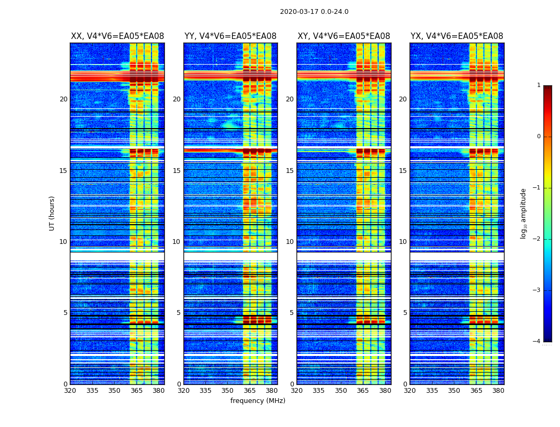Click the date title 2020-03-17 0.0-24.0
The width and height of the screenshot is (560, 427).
[314, 12]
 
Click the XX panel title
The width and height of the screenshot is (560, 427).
[117, 36]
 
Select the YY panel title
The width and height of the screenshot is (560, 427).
[230, 36]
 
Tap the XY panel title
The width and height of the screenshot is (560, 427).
[343, 36]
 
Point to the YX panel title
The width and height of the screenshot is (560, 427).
[457, 36]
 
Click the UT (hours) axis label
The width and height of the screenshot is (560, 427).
[52, 213]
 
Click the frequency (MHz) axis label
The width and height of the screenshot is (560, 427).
[258, 401]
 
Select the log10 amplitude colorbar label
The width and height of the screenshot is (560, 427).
[524, 213]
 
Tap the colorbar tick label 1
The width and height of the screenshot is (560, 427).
[539, 85]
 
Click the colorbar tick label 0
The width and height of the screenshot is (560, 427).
[539, 137]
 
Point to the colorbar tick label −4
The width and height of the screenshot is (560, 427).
[537, 342]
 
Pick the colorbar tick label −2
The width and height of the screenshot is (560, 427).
[537, 239]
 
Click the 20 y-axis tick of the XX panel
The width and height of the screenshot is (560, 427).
[63, 99]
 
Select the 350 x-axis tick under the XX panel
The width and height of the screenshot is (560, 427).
[114, 391]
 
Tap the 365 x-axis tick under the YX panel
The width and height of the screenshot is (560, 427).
[476, 391]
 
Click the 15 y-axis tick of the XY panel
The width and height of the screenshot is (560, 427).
[290, 171]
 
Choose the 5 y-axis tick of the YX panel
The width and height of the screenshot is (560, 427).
[405, 313]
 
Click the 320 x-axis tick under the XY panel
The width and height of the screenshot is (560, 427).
[297, 391]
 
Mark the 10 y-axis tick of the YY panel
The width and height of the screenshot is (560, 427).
[177, 242]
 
